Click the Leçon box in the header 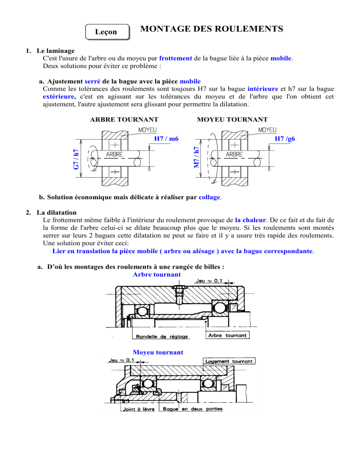coord(108,32)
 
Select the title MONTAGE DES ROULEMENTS coord(211,29)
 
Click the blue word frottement coord(175,58)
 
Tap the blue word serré coord(92,82)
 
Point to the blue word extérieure coord(59,97)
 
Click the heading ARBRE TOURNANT coord(124,120)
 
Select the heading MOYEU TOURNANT coord(232,120)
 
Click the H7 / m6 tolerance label coord(166,138)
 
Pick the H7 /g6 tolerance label coord(285,138)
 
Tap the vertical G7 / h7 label coord(76,159)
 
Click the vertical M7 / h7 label coord(196,157)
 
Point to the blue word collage coord(209,197)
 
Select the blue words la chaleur coord(250,220)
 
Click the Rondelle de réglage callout coord(162,337)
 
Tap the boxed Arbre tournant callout coord(227,335)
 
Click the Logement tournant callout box coord(229,361)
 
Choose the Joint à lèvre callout coord(139,409)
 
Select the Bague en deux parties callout coord(193,409)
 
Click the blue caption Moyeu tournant coord(158,353)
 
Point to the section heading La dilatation coord(56,212)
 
